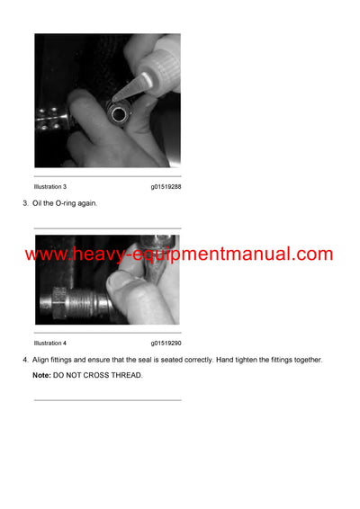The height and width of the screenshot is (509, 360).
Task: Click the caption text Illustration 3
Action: [x=49, y=186]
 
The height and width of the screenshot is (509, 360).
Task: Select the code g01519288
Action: [x=166, y=186]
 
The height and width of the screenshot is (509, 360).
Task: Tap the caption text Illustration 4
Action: [x=49, y=344]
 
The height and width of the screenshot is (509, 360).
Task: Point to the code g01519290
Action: [x=166, y=344]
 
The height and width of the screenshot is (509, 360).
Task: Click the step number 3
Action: [x=24, y=203]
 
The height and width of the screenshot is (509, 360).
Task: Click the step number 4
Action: [x=24, y=360]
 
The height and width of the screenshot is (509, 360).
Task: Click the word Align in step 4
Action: [x=41, y=360]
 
